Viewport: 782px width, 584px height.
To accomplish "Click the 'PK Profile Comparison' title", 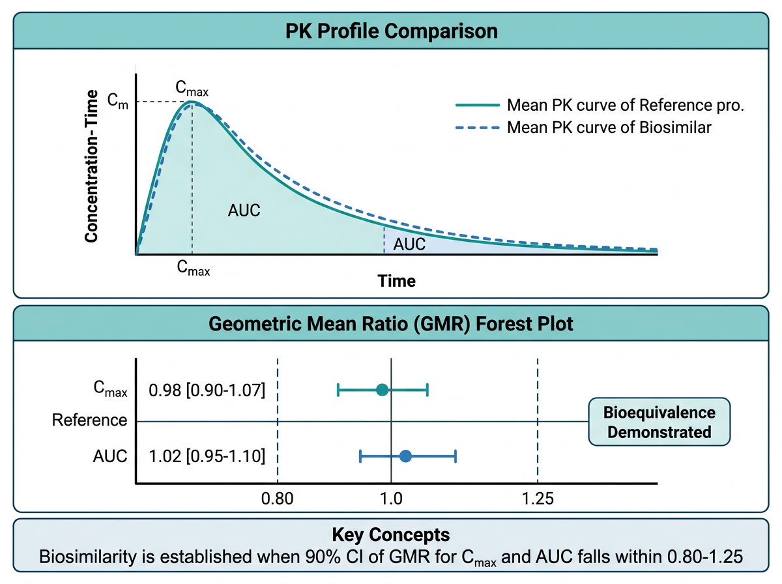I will (x=391, y=31).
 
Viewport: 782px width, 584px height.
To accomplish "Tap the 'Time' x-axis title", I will (x=397, y=281).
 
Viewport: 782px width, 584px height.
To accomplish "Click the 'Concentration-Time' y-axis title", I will (x=91, y=166).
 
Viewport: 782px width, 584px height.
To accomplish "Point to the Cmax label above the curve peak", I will (x=192, y=88).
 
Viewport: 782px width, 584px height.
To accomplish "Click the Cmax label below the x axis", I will (x=194, y=267).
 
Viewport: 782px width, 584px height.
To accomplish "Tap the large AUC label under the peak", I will (x=244, y=211).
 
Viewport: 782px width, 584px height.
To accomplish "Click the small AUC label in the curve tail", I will (x=409, y=244).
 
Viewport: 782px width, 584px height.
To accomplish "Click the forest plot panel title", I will (x=391, y=324).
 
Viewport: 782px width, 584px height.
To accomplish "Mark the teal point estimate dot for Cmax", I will (x=383, y=390).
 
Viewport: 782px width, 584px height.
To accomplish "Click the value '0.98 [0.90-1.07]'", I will (x=207, y=391).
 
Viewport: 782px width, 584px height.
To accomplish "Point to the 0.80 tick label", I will (x=278, y=500).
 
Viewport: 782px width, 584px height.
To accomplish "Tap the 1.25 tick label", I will (x=538, y=500).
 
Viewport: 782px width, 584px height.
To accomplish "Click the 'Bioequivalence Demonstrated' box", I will (x=659, y=422).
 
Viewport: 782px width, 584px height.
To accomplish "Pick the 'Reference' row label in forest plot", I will (x=90, y=420).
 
